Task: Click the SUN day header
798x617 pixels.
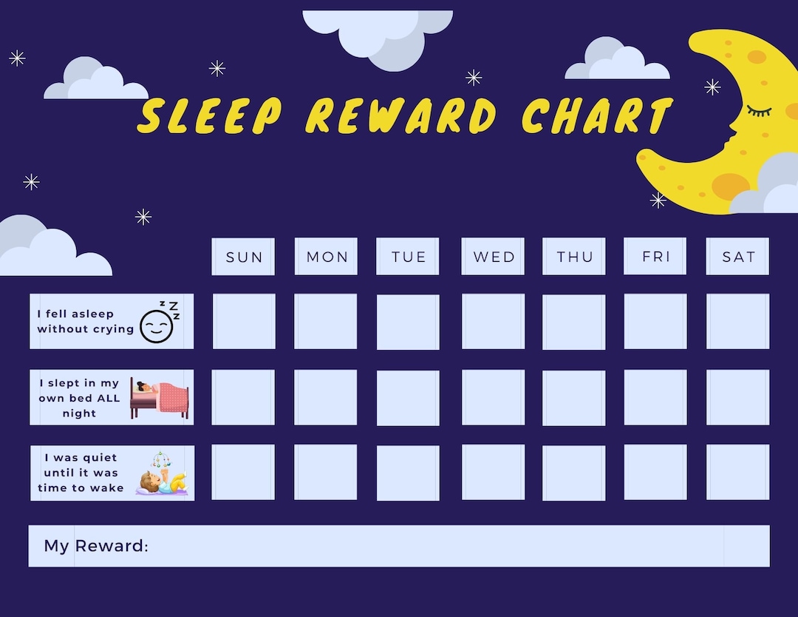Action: pyautogui.click(x=243, y=257)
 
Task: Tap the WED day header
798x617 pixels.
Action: pyautogui.click(x=493, y=257)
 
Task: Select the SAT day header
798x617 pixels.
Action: pyautogui.click(x=737, y=257)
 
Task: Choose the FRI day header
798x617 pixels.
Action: pyautogui.click(x=655, y=256)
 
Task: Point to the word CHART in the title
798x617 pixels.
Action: pyautogui.click(x=597, y=116)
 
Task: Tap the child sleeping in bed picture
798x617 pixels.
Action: pyautogui.click(x=160, y=398)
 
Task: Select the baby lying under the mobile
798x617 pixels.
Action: pyautogui.click(x=163, y=475)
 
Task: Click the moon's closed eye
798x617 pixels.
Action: pyautogui.click(x=758, y=112)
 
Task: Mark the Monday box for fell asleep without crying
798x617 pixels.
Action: pyautogui.click(x=325, y=321)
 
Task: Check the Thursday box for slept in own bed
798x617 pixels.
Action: pyautogui.click(x=573, y=397)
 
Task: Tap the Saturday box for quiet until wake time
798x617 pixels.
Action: pyautogui.click(x=737, y=472)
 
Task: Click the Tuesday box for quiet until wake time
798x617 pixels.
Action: pyautogui.click(x=408, y=472)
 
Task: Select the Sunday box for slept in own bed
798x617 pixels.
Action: pyautogui.click(x=243, y=397)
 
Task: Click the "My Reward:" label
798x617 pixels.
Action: pyautogui.click(x=96, y=546)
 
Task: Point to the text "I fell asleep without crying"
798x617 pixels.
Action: pyautogui.click(x=86, y=321)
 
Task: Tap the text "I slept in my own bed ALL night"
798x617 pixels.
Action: pyautogui.click(x=79, y=398)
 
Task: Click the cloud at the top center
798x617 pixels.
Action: pyautogui.click(x=378, y=33)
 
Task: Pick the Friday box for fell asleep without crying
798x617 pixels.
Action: pyautogui.click(x=655, y=321)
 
